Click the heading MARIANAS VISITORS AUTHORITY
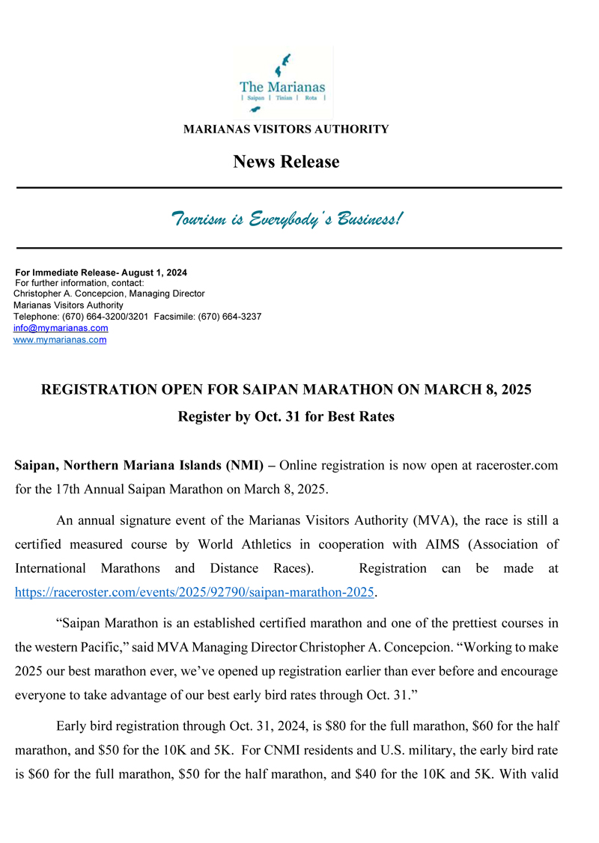[x=286, y=130]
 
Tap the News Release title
[x=286, y=162]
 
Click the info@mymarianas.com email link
[x=61, y=328]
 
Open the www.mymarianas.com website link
[x=60, y=340]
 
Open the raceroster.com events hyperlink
[x=194, y=592]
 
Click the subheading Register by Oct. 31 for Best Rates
[x=286, y=416]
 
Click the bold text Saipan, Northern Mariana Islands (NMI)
[x=139, y=466]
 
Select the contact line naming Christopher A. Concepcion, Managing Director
[x=109, y=294]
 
